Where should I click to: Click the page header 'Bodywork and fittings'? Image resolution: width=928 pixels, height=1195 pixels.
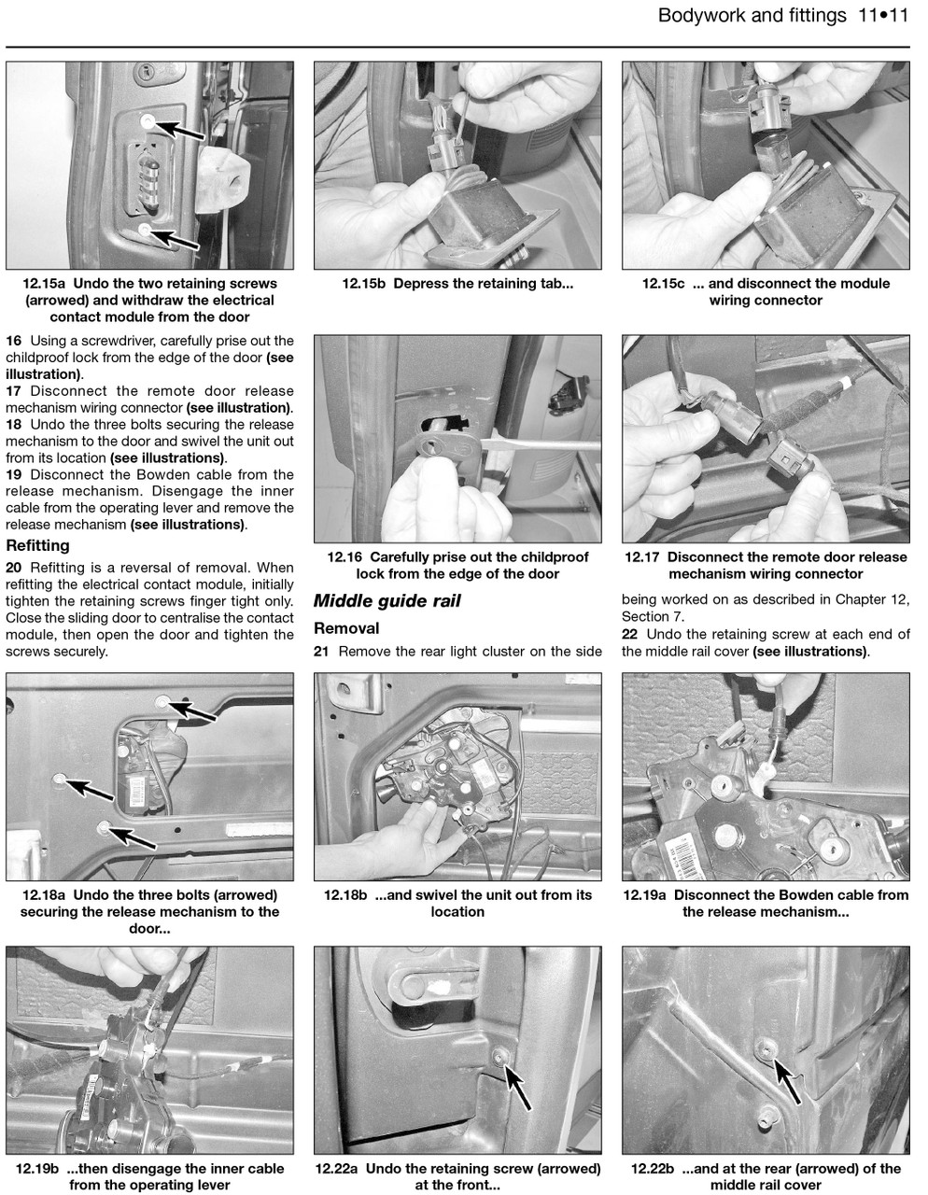[752, 16]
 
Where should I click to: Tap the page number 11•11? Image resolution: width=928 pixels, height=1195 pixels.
[882, 16]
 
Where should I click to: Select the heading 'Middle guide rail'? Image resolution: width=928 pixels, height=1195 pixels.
[387, 601]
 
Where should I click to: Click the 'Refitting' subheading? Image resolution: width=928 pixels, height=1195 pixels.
[37, 545]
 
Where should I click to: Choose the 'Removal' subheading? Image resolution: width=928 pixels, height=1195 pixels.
[346, 628]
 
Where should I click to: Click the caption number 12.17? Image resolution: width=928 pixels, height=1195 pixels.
[644, 557]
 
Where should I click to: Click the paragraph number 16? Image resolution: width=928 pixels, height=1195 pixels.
[14, 341]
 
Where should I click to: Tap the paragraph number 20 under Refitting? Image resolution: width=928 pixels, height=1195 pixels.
[14, 568]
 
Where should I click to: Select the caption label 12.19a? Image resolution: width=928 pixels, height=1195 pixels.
[646, 895]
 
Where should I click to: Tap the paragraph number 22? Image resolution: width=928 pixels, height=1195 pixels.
[631, 634]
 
